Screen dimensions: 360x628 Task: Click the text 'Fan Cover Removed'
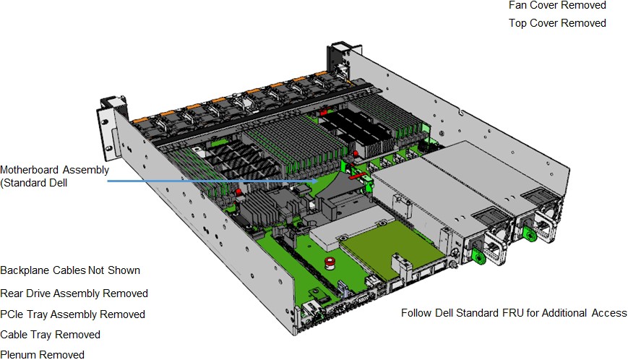click(x=557, y=5)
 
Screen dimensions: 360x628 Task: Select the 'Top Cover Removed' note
click(x=557, y=23)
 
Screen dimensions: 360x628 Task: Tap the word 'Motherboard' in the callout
click(x=30, y=170)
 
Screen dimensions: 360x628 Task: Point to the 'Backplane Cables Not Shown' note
click(x=70, y=270)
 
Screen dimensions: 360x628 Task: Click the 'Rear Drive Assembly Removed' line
click(x=74, y=293)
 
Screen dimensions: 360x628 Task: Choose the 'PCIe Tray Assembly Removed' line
click(x=72, y=314)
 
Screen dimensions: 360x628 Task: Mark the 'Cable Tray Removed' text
click(x=50, y=335)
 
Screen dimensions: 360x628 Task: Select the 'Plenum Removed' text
click(x=42, y=354)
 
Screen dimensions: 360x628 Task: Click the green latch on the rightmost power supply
click(x=530, y=233)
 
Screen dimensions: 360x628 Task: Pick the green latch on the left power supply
click(x=476, y=255)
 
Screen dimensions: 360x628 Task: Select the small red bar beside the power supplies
click(x=356, y=175)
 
